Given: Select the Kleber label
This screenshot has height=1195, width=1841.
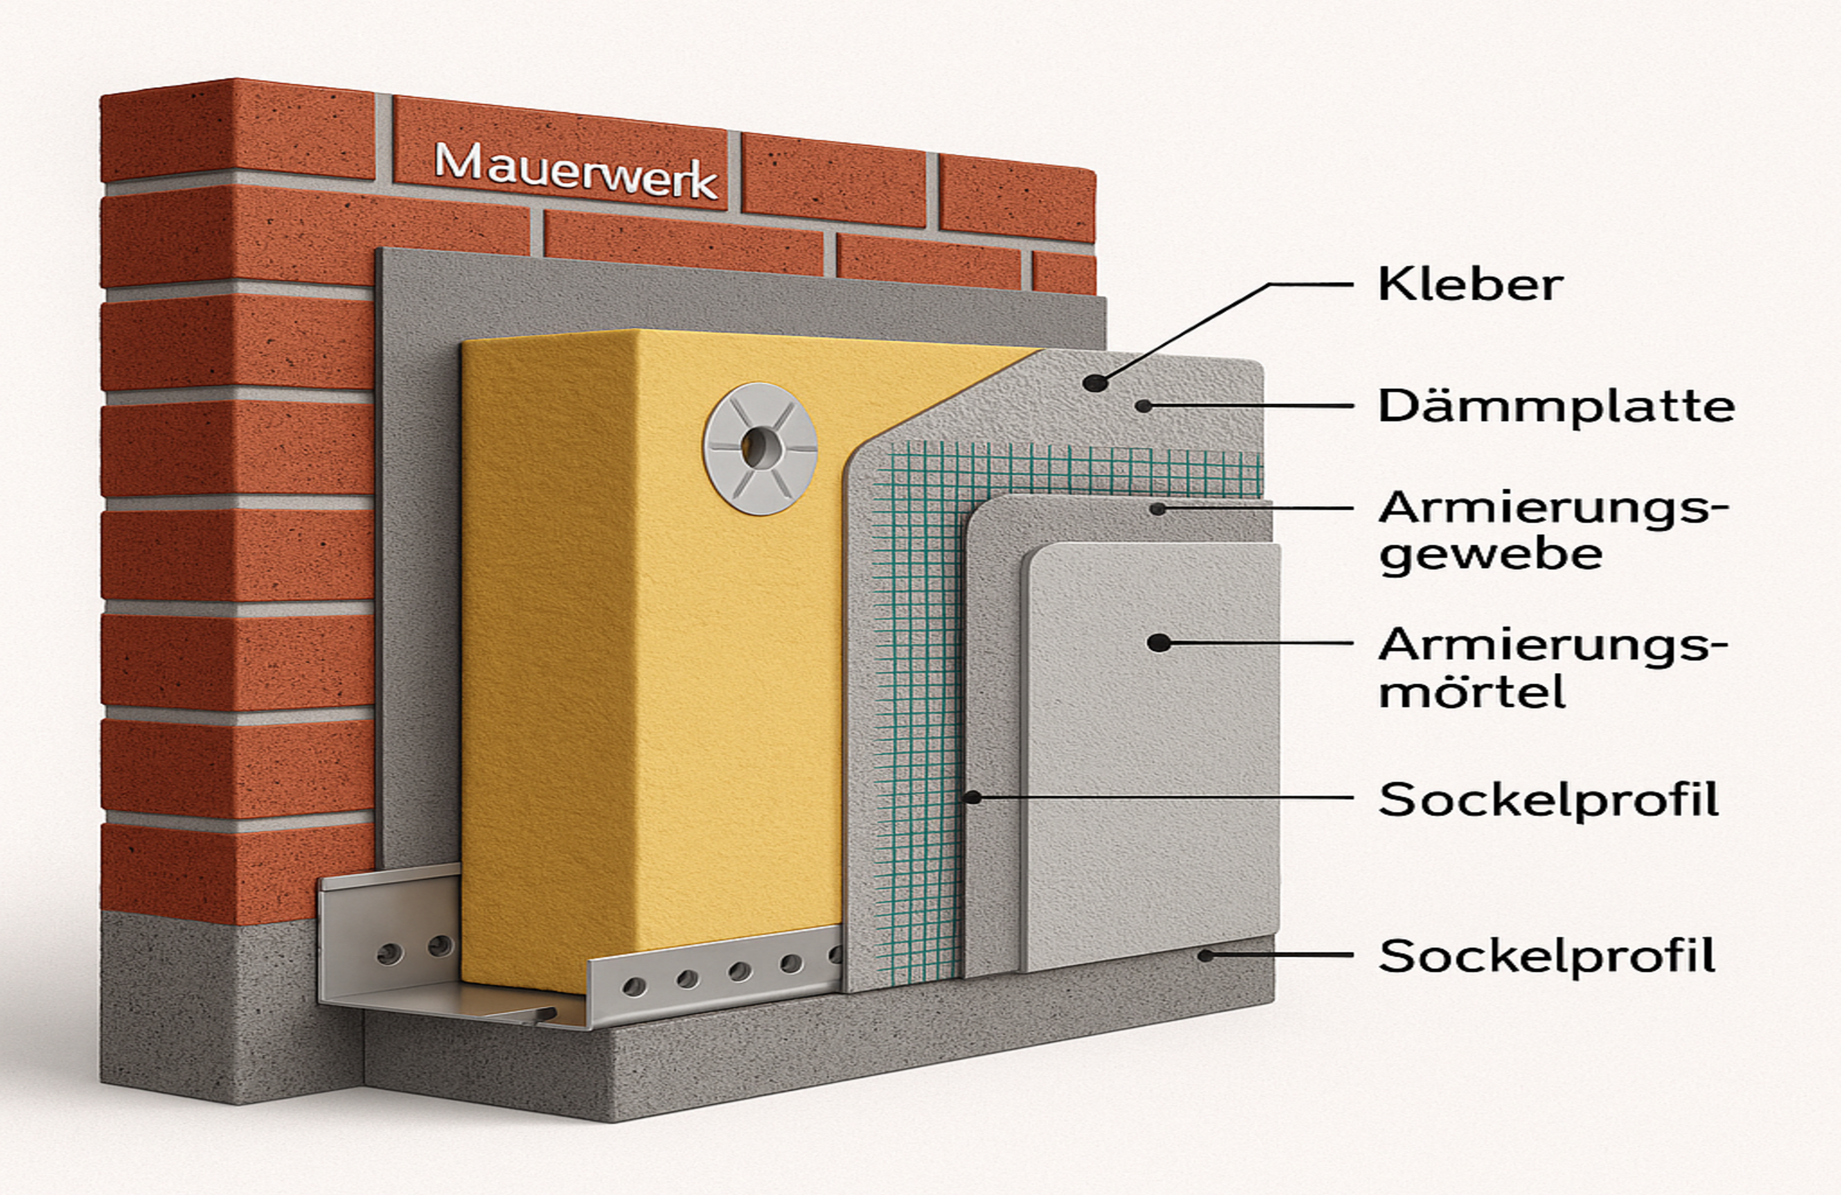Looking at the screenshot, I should pos(1470,285).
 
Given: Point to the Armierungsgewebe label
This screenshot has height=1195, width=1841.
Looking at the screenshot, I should pos(1551,531).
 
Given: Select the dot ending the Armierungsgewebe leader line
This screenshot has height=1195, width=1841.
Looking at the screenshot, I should pos(1157,509).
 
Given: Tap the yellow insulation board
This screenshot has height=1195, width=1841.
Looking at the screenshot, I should pos(650,658).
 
